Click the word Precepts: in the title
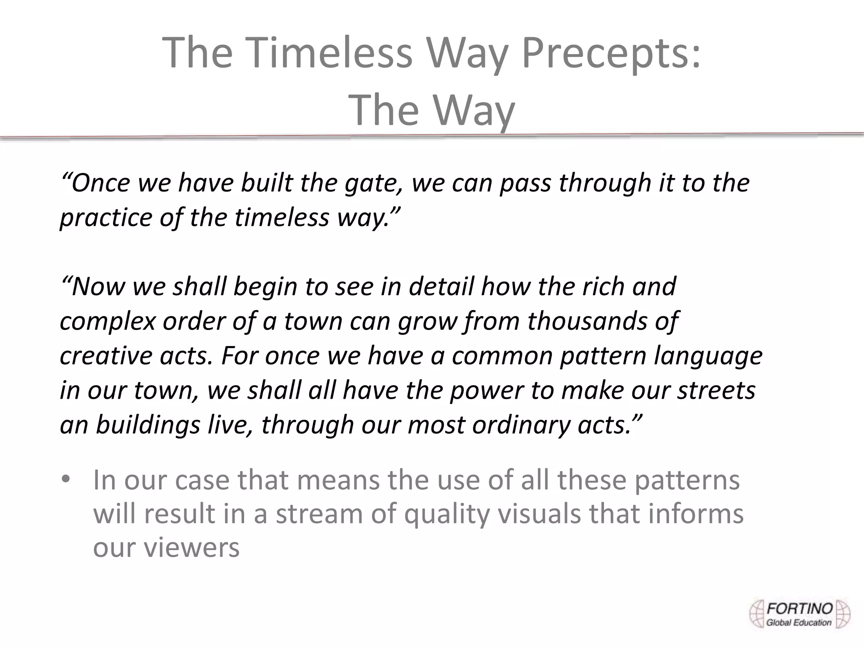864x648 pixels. click(x=611, y=53)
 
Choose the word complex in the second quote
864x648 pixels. click(x=108, y=322)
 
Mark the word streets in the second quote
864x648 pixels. click(x=716, y=390)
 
